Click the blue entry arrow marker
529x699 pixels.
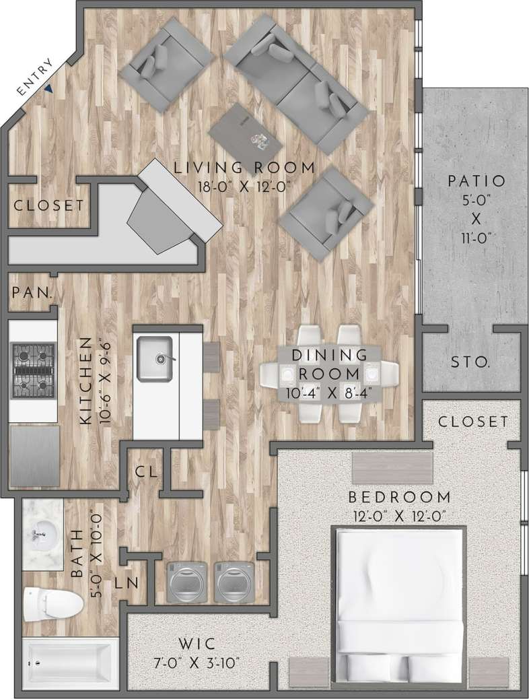pyautogui.click(x=50, y=87)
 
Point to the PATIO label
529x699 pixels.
pyautogui.click(x=476, y=180)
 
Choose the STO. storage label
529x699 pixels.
pyautogui.click(x=470, y=362)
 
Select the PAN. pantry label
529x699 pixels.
pyautogui.click(x=33, y=294)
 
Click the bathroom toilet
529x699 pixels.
pyautogui.click(x=50, y=603)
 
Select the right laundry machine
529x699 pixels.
pyautogui.click(x=235, y=582)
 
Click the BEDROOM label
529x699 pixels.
pyautogui.click(x=399, y=498)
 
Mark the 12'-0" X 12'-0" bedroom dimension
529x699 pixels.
pyautogui.click(x=399, y=516)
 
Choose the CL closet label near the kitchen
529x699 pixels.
pyautogui.click(x=145, y=472)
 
